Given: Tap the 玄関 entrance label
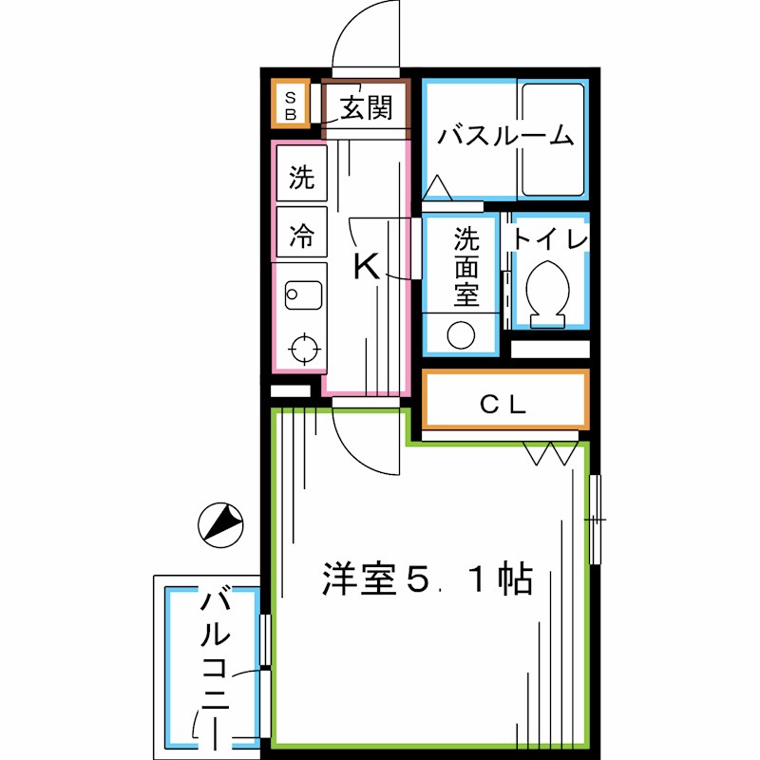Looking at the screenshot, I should (366, 108).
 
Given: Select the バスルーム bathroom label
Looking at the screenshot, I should (505, 136).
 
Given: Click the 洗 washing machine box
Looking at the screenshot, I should (302, 176).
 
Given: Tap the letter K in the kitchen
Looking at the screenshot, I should (366, 267).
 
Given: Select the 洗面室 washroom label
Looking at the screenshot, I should (465, 266).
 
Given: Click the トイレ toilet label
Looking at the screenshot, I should (551, 237).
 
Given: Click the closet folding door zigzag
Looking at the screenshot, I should (550, 454).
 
